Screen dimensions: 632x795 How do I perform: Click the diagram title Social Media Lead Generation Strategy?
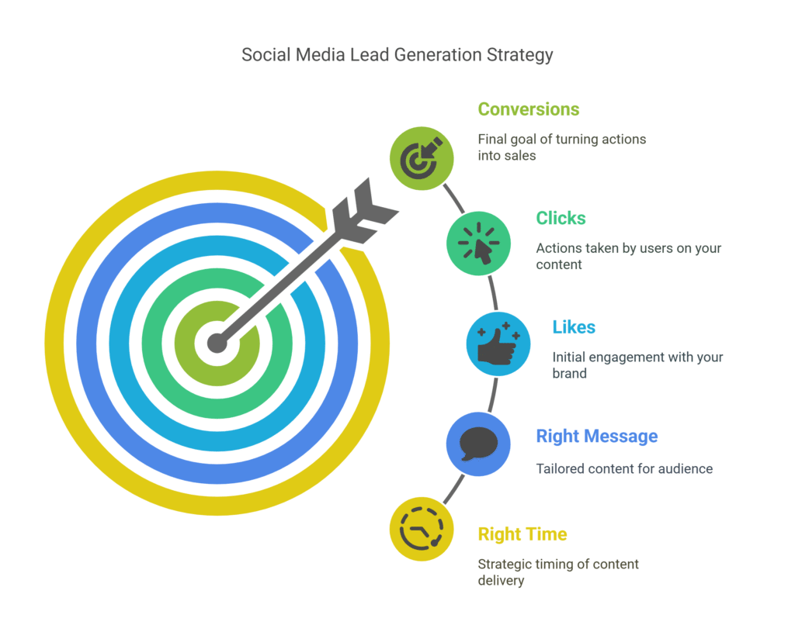point(397,55)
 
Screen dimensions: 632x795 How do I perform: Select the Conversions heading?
point(528,109)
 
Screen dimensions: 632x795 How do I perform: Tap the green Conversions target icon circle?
point(421,158)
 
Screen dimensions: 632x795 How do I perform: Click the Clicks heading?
point(561,218)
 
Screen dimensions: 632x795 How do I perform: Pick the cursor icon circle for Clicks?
point(478,243)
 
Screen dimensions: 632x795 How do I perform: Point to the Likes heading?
point(574,327)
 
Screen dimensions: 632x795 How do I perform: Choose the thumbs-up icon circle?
point(498,344)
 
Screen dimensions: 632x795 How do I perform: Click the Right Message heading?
point(596,437)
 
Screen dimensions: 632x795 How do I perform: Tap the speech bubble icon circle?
point(478,444)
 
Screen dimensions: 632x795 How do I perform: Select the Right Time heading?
point(522,534)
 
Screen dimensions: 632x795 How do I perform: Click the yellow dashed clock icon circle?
point(421,529)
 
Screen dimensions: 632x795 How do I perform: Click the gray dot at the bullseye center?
point(217,343)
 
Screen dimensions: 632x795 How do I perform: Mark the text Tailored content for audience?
point(624,468)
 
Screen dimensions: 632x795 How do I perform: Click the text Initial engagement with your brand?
point(637,365)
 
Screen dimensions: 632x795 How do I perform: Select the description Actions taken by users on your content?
point(628,256)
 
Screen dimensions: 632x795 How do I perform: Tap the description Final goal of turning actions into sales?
point(561,147)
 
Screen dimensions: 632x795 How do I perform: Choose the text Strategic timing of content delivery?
point(557,572)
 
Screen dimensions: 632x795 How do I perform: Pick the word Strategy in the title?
point(526,55)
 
